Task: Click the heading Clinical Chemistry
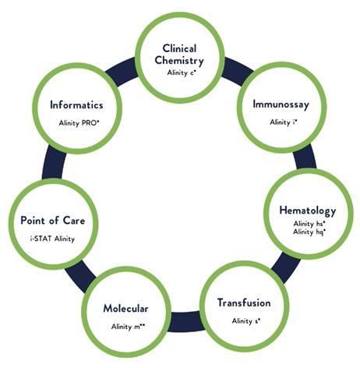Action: [179, 55]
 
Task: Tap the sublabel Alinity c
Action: [182, 73]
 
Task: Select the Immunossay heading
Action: [281, 104]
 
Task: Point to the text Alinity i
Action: [283, 122]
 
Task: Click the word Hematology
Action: [308, 211]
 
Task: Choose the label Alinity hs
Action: [309, 224]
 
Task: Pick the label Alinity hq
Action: [309, 232]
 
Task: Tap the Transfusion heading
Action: [244, 303]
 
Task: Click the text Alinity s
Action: [246, 321]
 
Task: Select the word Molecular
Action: [125, 309]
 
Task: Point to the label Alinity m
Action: [128, 327]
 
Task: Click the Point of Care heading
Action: [53, 221]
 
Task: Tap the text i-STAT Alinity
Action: [52, 239]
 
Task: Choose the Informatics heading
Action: [76, 105]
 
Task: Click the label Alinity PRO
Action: [79, 122]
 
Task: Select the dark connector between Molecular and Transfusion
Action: [185, 322]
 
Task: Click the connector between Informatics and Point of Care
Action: [54, 165]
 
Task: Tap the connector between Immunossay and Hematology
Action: [305, 158]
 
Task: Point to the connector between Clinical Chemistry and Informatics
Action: [122, 72]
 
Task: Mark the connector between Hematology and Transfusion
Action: [285, 267]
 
